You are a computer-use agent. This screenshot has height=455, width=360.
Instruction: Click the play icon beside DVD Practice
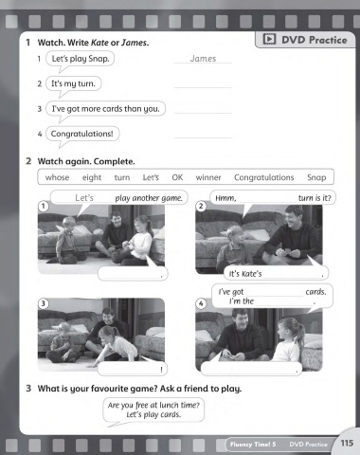(269, 39)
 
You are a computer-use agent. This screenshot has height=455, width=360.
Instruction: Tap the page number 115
(347, 443)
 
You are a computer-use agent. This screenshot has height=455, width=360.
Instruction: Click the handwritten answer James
(203, 59)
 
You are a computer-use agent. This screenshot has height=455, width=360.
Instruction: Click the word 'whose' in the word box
(57, 177)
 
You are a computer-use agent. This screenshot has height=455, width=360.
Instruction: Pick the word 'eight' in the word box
(92, 177)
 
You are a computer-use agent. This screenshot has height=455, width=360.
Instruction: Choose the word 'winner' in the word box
(208, 177)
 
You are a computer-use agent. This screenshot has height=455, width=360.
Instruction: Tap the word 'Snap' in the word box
(316, 177)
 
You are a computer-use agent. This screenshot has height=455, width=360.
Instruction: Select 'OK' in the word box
(177, 177)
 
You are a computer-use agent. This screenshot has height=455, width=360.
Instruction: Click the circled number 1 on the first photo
(44, 207)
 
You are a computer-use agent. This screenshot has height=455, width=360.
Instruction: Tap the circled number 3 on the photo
(44, 303)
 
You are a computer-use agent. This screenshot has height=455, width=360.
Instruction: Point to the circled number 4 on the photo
(201, 304)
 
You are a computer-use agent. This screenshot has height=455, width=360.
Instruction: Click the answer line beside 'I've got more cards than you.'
(203, 113)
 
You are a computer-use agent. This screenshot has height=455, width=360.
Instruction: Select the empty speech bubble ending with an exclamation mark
(133, 369)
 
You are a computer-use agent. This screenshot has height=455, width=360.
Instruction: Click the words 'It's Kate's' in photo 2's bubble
(245, 274)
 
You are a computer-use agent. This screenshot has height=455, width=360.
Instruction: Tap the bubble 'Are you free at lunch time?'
(153, 409)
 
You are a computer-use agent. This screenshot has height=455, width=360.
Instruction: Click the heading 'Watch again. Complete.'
(86, 161)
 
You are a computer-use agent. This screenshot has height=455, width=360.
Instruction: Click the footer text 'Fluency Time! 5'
(253, 445)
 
